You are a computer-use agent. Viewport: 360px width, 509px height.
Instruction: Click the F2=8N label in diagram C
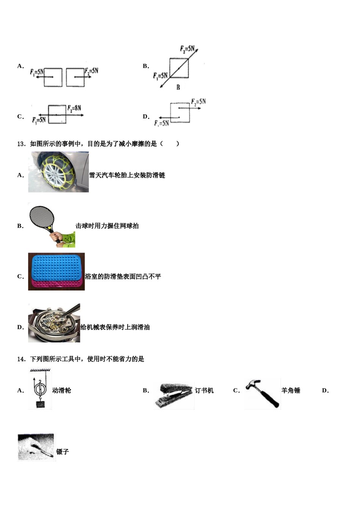(x=74, y=108)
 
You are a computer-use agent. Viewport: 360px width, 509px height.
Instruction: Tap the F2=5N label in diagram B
(x=187, y=49)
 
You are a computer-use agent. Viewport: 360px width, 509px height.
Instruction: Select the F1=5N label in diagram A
(x=37, y=72)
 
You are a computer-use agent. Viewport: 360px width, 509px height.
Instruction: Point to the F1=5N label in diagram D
(x=161, y=123)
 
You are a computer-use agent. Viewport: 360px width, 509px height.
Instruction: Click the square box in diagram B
(x=179, y=68)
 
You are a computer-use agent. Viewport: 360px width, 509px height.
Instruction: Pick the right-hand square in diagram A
(x=75, y=77)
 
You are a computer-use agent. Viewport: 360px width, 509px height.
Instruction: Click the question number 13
(x=21, y=144)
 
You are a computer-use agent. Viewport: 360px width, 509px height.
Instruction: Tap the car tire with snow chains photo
(x=58, y=172)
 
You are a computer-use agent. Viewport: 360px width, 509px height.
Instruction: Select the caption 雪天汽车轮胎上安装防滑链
(x=127, y=175)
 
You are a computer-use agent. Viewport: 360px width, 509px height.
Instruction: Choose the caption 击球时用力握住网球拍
(x=107, y=226)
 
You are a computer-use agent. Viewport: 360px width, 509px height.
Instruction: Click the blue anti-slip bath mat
(x=56, y=268)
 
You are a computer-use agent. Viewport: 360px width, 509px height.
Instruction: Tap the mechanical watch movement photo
(x=54, y=323)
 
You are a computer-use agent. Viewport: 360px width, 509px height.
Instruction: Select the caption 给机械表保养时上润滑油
(x=115, y=327)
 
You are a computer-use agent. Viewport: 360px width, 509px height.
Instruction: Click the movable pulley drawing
(x=39, y=389)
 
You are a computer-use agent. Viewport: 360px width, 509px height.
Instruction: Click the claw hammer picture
(x=262, y=393)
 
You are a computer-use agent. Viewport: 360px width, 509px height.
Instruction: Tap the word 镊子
(x=63, y=452)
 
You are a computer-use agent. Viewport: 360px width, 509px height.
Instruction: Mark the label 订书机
(x=204, y=390)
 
